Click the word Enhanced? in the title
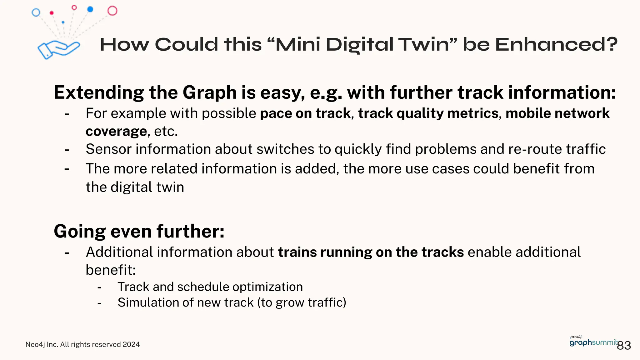(x=556, y=44)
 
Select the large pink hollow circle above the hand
(x=112, y=11)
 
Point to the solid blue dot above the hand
(x=90, y=9)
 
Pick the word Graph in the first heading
(x=210, y=92)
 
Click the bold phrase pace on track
(x=305, y=113)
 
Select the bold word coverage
(x=116, y=131)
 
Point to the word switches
(x=285, y=149)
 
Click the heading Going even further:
(x=139, y=231)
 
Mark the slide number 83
(x=624, y=345)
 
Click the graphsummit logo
(x=593, y=342)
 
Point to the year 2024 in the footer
(x=131, y=344)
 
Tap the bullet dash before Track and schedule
(x=99, y=287)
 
